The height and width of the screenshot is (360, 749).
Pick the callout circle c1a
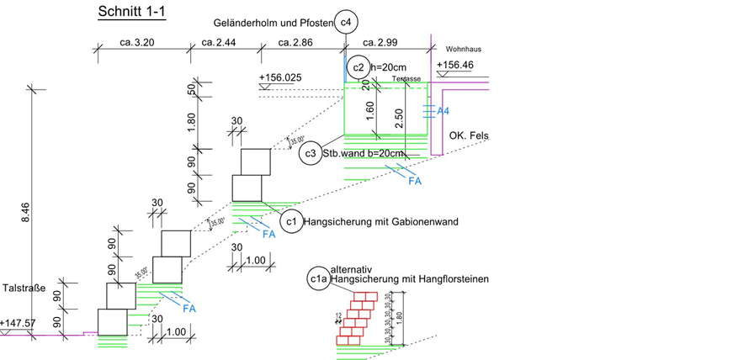click(x=318, y=278)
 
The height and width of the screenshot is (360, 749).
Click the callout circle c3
click(x=311, y=154)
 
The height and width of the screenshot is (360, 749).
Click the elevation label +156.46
click(x=455, y=65)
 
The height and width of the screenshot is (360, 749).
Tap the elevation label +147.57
click(x=18, y=323)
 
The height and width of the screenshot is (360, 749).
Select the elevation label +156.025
click(x=280, y=78)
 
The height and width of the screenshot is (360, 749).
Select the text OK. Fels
click(x=469, y=136)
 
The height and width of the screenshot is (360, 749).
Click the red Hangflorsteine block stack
click(x=357, y=318)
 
